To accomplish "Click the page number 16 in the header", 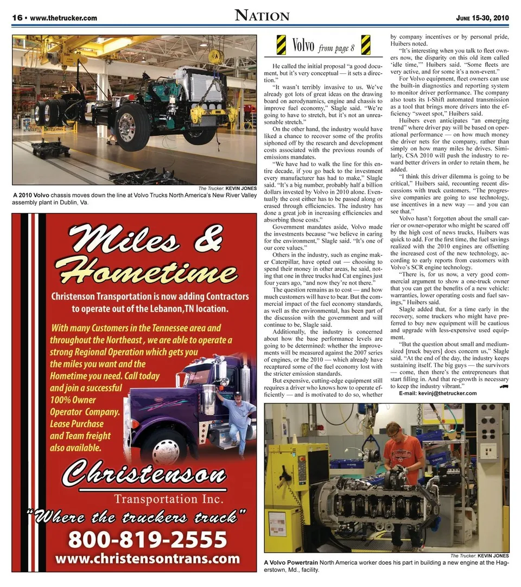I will tap(17, 18).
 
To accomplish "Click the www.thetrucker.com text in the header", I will tap(63, 18).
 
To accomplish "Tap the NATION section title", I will tap(262, 16).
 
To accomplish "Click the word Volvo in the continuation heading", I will tap(303, 46).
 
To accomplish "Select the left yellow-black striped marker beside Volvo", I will tap(281, 45).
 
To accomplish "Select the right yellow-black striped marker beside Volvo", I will tap(366, 45).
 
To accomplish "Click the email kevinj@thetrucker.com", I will tap(438, 393).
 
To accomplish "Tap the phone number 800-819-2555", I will tap(147, 539).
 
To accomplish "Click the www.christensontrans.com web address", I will tap(147, 558).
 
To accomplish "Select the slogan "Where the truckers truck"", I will tap(140, 514).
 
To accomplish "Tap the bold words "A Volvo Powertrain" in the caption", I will tap(291, 563).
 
